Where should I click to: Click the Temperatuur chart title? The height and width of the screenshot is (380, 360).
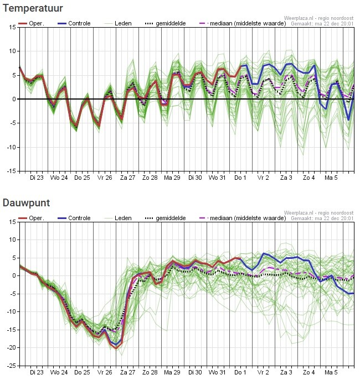pyautogui.click(x=33, y=8)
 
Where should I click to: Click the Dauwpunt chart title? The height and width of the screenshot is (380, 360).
pyautogui.click(x=27, y=202)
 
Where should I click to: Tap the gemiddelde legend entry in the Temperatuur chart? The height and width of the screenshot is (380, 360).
pyautogui.click(x=168, y=24)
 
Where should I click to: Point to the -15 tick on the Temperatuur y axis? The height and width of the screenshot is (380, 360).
pyautogui.click(x=11, y=171)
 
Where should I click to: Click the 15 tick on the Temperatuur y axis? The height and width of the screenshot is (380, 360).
pyautogui.click(x=12, y=27)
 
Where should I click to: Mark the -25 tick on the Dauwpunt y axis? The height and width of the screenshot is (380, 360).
pyautogui.click(x=11, y=365)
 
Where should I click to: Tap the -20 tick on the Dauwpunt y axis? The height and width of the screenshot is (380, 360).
pyautogui.click(x=11, y=347)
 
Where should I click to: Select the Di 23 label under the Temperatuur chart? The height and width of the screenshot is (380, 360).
pyautogui.click(x=37, y=178)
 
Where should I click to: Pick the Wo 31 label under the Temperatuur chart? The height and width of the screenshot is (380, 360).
pyautogui.click(x=217, y=178)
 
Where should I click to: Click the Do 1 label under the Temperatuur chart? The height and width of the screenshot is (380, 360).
pyautogui.click(x=240, y=178)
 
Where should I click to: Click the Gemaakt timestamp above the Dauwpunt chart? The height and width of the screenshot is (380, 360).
pyautogui.click(x=322, y=218)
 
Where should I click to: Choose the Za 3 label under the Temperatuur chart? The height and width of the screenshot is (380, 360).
pyautogui.click(x=286, y=178)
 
